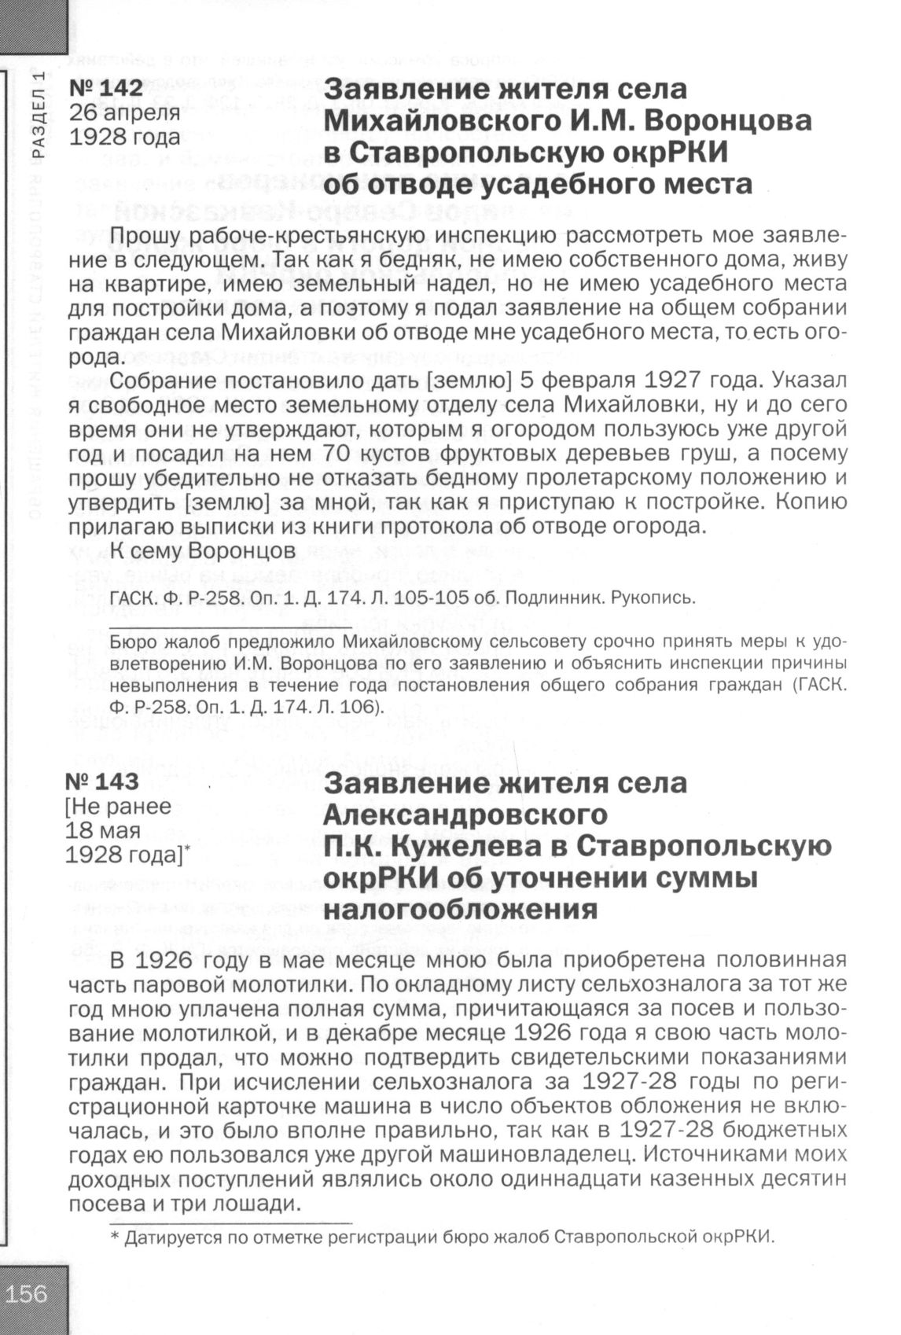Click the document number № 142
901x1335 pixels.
pyautogui.click(x=106, y=88)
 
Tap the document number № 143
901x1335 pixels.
pyautogui.click(x=102, y=782)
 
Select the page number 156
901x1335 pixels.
pyautogui.click(x=27, y=1293)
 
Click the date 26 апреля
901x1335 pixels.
pyautogui.click(x=124, y=112)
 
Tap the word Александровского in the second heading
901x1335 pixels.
pyautogui.click(x=465, y=814)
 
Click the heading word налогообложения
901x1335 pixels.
pyautogui.click(x=460, y=909)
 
